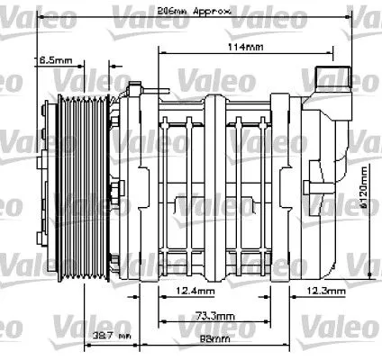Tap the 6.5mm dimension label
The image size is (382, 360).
tap(53, 60)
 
